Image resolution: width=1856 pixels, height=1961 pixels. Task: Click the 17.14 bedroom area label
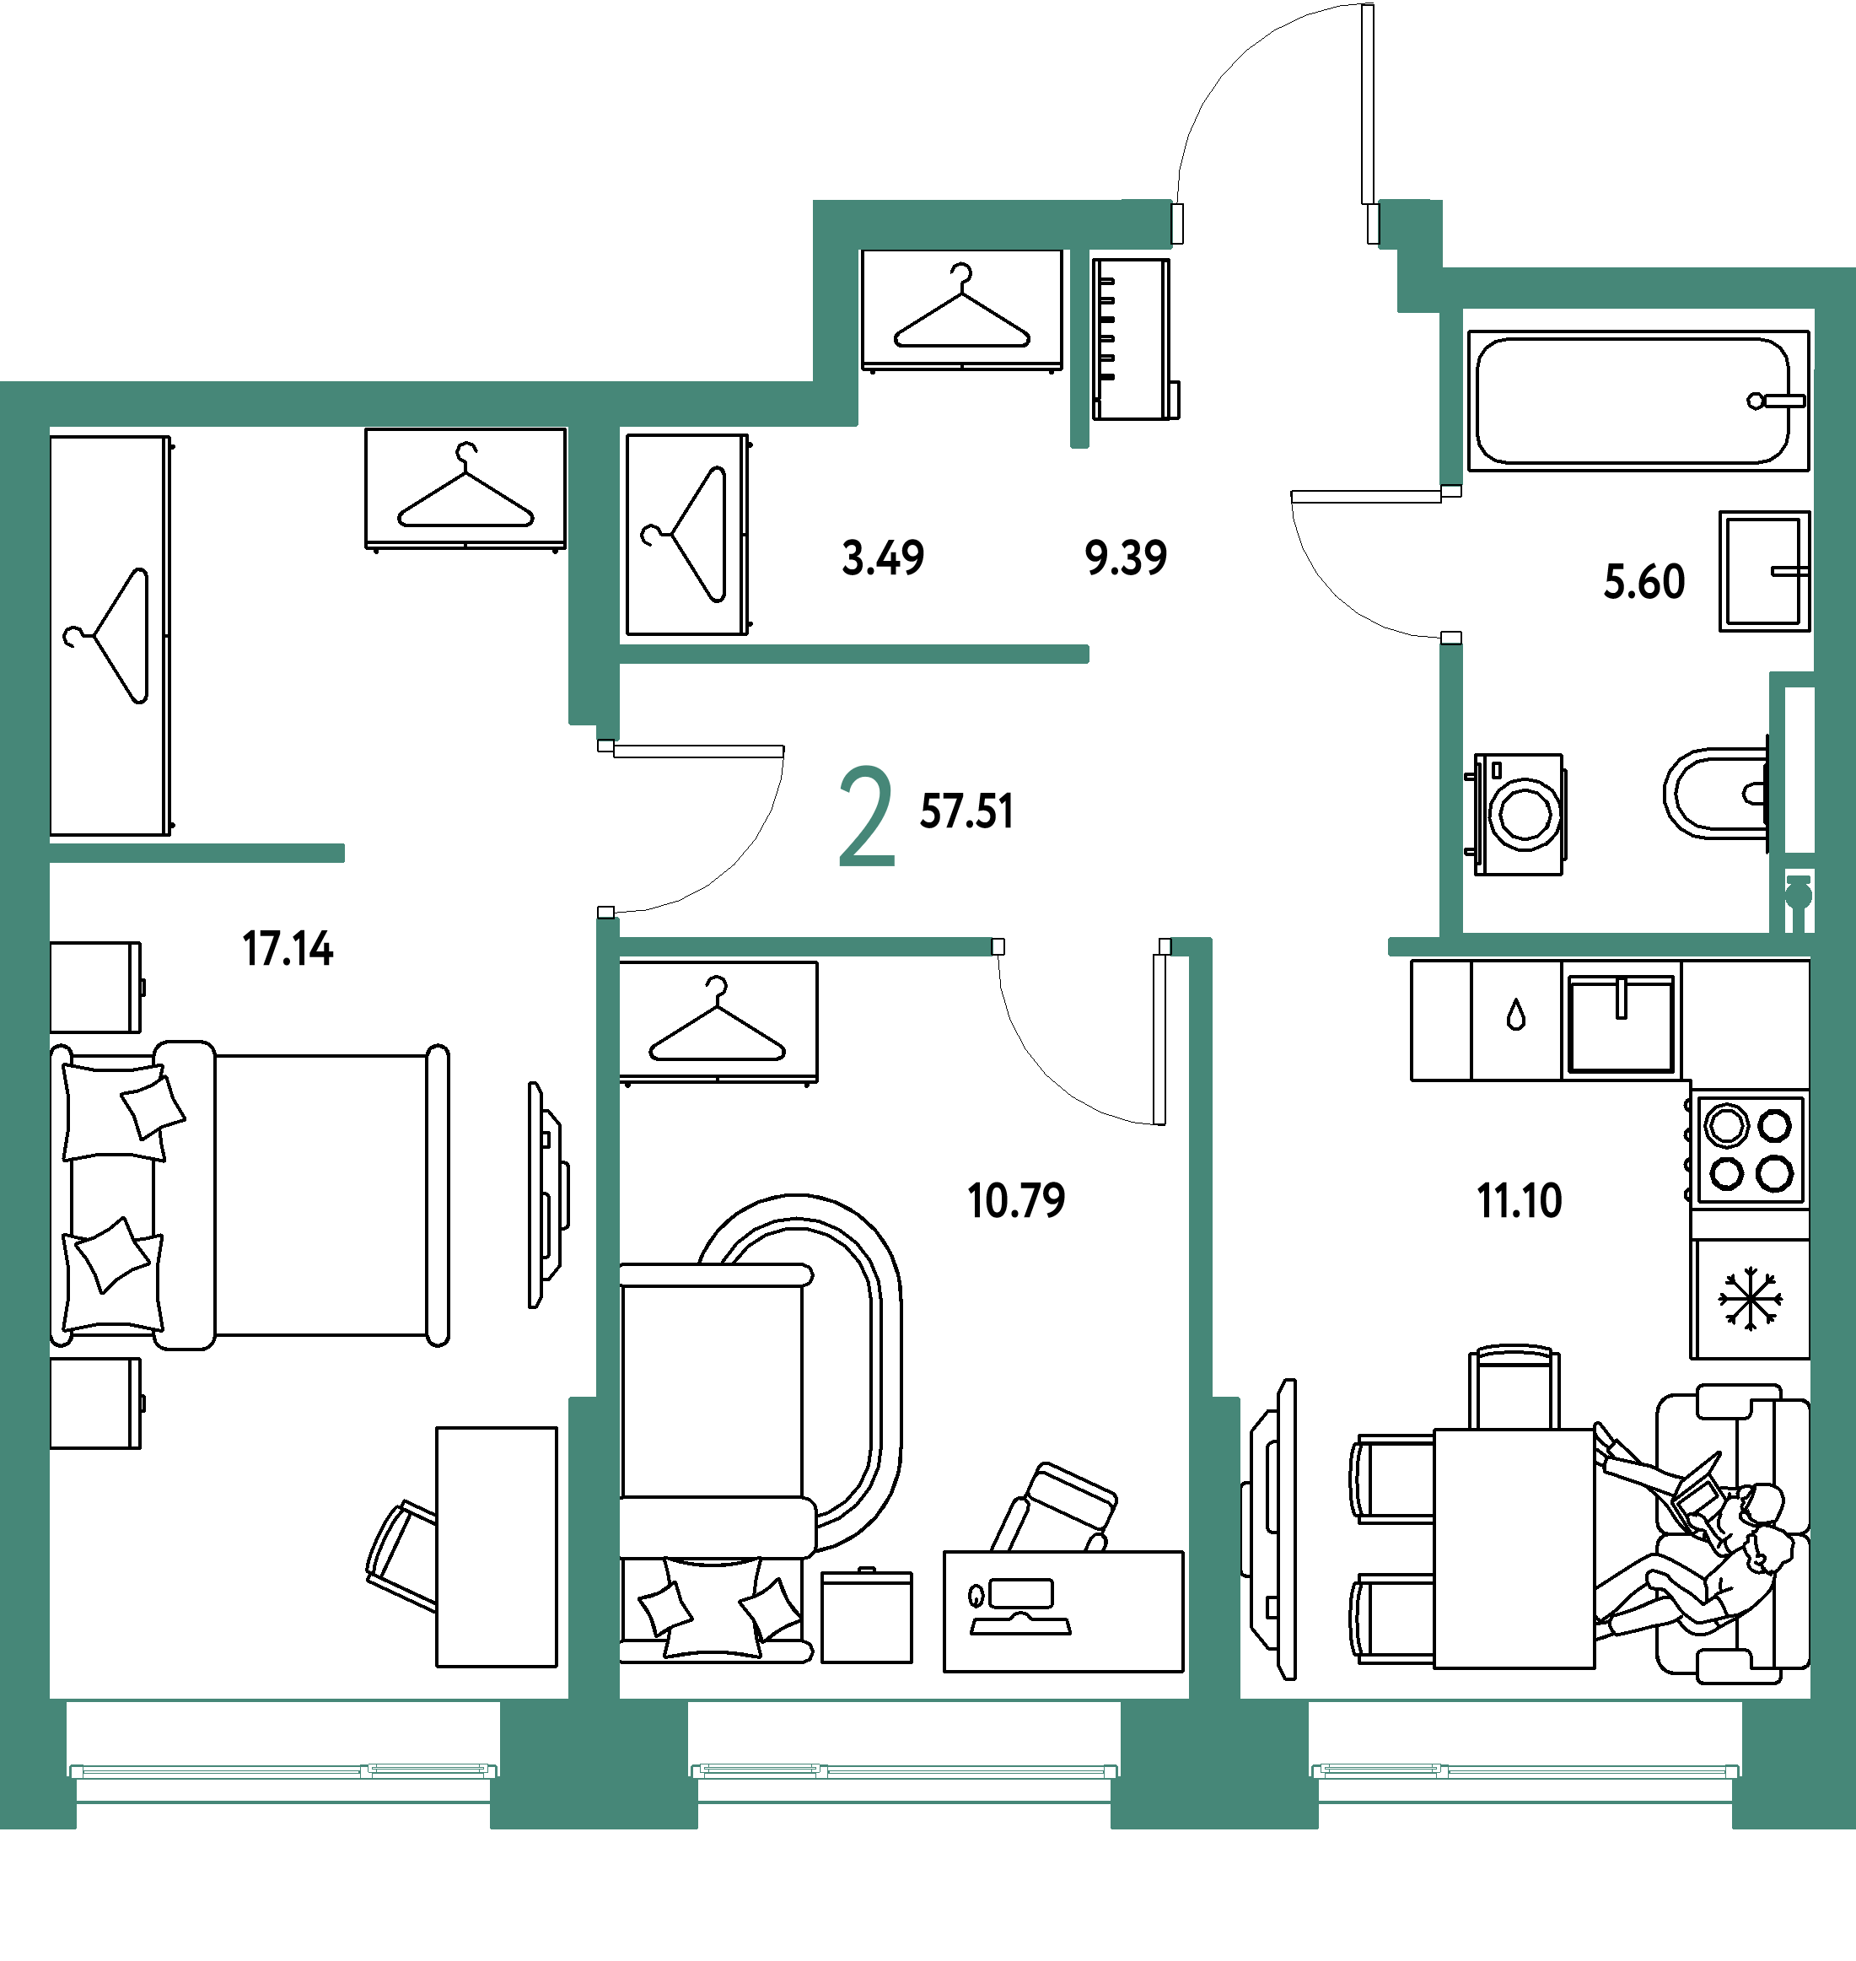(288, 949)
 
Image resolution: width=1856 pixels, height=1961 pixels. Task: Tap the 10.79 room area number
(1016, 1200)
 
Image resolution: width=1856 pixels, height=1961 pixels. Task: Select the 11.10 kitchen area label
(1520, 1200)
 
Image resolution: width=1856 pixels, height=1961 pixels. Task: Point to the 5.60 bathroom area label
(1644, 582)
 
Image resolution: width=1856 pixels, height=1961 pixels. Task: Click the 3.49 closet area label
(884, 558)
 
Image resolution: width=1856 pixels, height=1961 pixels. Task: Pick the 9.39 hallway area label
(1126, 558)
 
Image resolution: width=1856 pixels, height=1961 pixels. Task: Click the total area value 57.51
(966, 811)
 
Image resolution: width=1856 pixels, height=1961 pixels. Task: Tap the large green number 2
(867, 816)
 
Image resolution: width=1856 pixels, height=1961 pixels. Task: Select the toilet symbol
(1717, 794)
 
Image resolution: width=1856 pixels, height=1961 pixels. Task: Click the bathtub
(1638, 401)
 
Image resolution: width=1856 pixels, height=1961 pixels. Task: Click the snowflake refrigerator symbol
(1750, 1298)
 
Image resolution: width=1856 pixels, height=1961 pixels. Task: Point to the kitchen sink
(1621, 1024)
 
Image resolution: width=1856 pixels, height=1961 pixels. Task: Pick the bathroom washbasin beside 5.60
(1764, 571)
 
